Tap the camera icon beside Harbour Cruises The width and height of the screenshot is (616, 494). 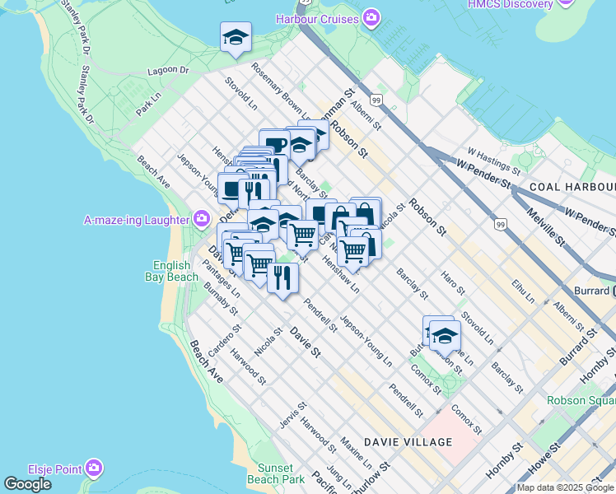tap(372, 17)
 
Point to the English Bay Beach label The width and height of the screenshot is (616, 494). tap(175, 271)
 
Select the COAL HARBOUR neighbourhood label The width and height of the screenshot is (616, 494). tap(572, 187)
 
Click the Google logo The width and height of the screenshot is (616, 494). tap(27, 484)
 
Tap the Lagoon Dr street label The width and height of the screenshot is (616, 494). tap(169, 71)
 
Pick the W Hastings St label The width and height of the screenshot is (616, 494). tap(493, 161)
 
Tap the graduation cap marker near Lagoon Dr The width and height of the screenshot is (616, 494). tap(236, 37)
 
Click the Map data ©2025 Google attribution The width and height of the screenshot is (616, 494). tap(566, 487)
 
